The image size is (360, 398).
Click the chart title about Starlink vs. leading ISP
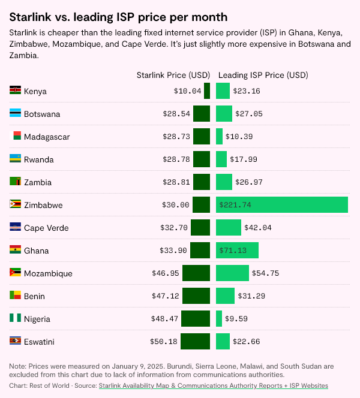(118, 17)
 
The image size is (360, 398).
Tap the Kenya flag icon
(16, 91)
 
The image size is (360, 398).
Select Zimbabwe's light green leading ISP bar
(282, 204)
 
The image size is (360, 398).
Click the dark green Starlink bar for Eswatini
(195, 341)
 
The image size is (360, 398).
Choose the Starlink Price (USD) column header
(173, 75)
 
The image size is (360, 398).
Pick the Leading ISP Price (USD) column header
(263, 75)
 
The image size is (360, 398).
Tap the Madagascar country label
(47, 137)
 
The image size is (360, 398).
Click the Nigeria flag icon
(16, 318)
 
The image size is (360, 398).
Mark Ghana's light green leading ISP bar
(237, 250)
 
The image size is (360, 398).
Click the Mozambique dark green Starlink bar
(196, 273)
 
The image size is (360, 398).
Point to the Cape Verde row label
(46, 228)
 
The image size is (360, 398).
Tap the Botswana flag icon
(16, 113)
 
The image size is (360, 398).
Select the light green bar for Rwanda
(221, 159)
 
